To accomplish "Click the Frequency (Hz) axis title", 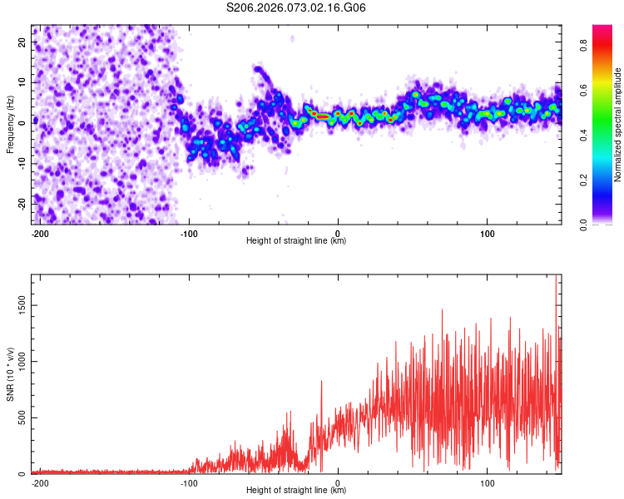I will point(10,125).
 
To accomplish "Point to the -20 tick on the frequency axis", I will point(22,203).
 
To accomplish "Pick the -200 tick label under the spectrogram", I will point(39,232).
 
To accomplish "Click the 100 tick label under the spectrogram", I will point(487,232).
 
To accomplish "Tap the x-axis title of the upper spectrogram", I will point(296,241).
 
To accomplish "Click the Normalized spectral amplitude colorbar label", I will point(617,125).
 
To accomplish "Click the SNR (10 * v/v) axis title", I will point(10,374).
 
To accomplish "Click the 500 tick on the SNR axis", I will point(21,417).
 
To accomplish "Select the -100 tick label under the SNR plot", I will point(188,482).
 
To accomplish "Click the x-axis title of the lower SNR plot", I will point(296,491).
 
